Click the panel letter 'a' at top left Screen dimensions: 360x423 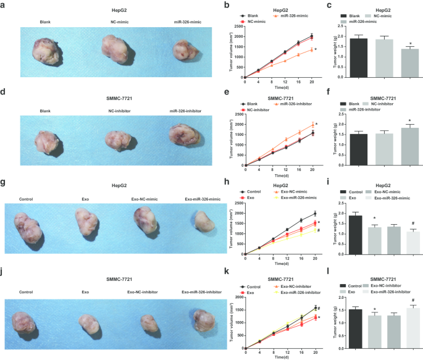pos(4,4)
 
